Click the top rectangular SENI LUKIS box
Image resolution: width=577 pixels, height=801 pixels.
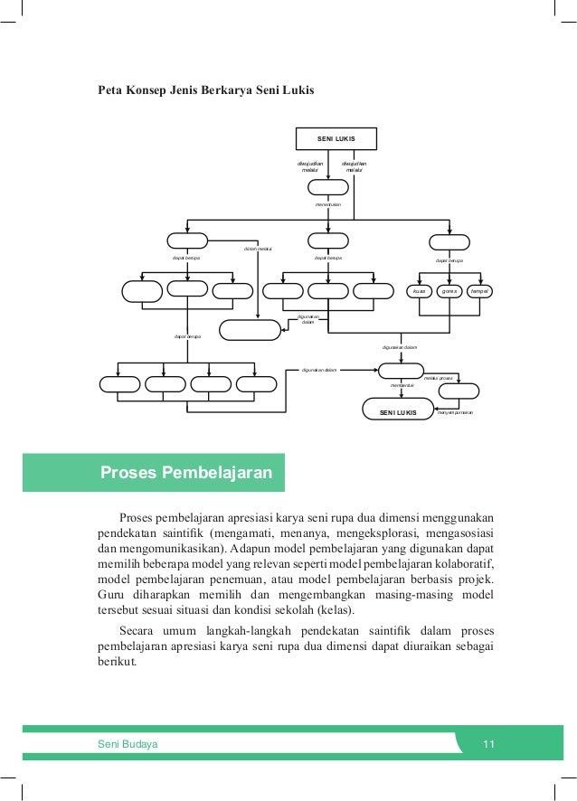(x=336, y=138)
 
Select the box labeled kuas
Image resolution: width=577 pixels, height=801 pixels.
(x=419, y=291)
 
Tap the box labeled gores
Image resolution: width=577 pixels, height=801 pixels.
(x=449, y=291)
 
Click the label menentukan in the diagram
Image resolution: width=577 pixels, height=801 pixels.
(x=328, y=205)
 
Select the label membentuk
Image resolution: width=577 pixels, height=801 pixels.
(x=402, y=385)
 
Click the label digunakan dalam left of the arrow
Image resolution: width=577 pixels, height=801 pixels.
(x=319, y=370)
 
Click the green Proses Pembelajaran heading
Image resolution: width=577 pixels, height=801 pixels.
(x=189, y=473)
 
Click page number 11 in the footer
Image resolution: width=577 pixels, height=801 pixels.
(x=489, y=744)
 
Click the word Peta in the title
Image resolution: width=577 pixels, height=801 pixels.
(x=111, y=91)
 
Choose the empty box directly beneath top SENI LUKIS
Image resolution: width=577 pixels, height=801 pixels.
(x=328, y=187)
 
